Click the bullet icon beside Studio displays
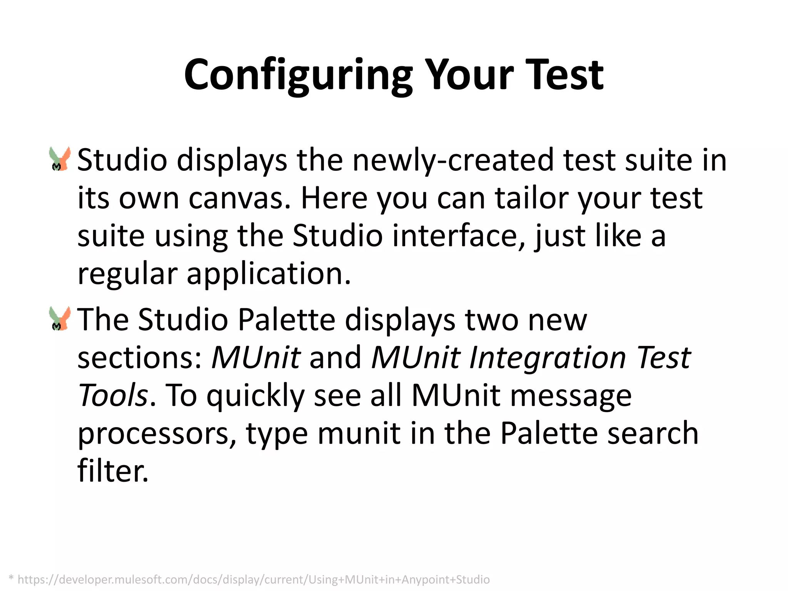pos(60,159)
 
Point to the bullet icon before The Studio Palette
pos(60,319)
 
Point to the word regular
pos(127,274)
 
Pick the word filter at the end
pos(112,471)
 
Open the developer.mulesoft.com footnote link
pos(254,579)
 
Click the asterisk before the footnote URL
pos(11,578)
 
